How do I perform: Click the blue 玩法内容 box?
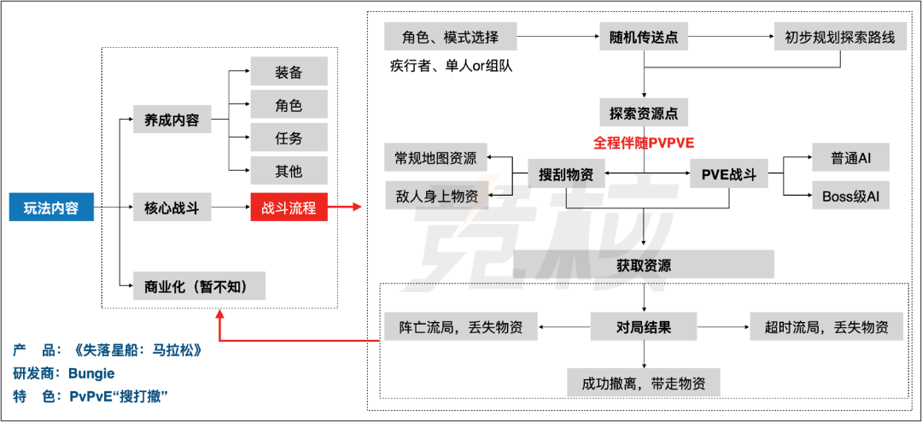[x=51, y=208]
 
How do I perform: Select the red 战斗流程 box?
[x=289, y=208]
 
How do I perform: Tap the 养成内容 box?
[x=172, y=120]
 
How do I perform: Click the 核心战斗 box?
[x=172, y=208]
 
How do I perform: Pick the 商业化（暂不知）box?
[x=199, y=286]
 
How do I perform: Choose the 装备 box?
[x=289, y=72]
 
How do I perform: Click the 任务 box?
[x=289, y=138]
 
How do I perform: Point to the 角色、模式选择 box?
[x=450, y=38]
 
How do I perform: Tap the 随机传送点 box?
[x=643, y=38]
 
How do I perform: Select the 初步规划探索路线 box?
[x=840, y=38]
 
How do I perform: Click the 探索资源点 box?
[x=643, y=113]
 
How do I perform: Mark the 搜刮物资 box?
[x=566, y=173]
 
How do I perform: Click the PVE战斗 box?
[x=728, y=173]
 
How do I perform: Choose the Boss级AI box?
[x=850, y=196]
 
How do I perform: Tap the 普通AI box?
[x=850, y=158]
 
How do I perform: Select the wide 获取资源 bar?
[x=644, y=265]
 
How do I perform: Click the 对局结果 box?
[x=643, y=326]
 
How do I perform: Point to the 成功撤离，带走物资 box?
[x=644, y=383]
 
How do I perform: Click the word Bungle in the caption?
[x=91, y=373]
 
